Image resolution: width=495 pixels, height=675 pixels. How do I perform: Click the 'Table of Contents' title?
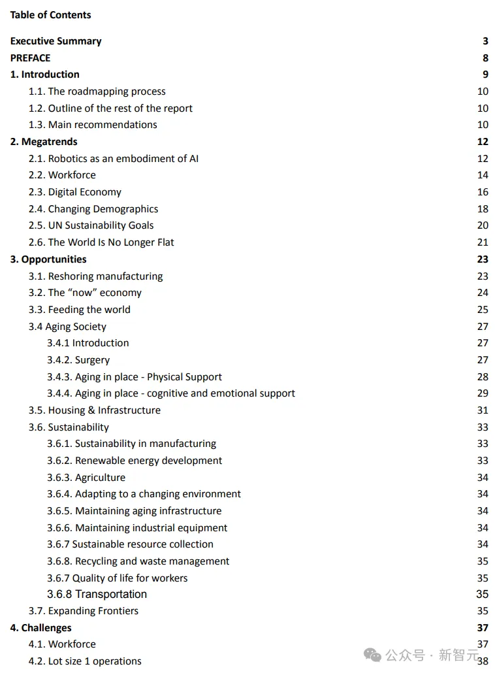click(50, 15)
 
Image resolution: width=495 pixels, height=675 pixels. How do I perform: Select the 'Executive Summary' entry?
click(56, 41)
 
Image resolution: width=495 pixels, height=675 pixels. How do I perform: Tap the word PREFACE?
click(30, 58)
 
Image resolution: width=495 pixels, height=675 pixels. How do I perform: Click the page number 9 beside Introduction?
click(485, 74)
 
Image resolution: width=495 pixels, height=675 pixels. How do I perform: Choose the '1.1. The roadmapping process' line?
click(97, 91)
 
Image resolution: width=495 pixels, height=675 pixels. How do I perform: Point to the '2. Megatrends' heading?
click(44, 142)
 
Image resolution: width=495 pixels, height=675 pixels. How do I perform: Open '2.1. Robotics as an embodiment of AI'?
click(114, 158)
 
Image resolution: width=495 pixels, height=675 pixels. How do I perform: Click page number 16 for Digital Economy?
click(483, 192)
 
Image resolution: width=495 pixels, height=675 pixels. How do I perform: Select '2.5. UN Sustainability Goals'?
click(91, 225)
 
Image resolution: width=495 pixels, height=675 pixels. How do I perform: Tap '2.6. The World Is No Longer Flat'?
click(101, 242)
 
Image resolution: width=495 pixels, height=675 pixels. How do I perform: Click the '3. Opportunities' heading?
click(48, 259)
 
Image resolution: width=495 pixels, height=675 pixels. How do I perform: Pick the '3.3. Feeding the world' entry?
click(79, 310)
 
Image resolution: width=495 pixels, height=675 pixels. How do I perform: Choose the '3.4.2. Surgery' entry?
click(78, 360)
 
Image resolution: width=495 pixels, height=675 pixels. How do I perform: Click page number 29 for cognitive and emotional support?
click(483, 393)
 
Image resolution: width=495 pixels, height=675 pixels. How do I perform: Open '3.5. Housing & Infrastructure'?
click(94, 410)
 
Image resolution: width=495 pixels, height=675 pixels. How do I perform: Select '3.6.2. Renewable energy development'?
click(135, 461)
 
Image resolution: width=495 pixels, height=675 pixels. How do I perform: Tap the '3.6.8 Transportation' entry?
click(97, 594)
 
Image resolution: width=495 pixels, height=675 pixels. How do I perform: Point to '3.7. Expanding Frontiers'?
click(84, 611)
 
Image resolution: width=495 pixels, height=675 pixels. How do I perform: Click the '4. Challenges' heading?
click(40, 628)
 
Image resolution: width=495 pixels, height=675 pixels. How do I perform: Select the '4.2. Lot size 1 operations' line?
click(85, 661)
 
